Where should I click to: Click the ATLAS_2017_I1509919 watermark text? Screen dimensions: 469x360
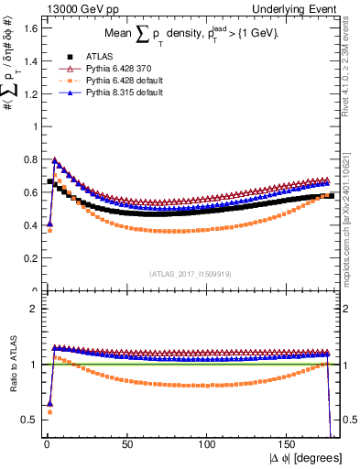click(x=191, y=273)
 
